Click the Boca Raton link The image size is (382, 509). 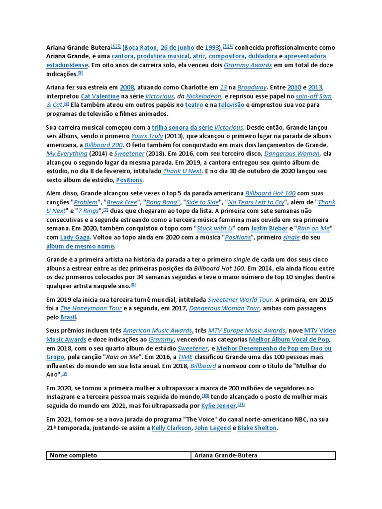(x=140, y=47)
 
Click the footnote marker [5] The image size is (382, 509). (x=80, y=73)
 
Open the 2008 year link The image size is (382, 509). (x=127, y=87)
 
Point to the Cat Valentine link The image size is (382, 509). (x=100, y=96)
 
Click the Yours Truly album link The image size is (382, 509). (x=147, y=136)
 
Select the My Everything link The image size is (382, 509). (x=67, y=154)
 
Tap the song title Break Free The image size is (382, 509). (x=121, y=202)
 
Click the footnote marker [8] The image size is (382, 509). (x=133, y=284)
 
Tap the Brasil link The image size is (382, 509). (x=69, y=317)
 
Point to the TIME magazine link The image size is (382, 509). (x=186, y=356)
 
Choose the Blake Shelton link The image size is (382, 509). (x=257, y=427)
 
